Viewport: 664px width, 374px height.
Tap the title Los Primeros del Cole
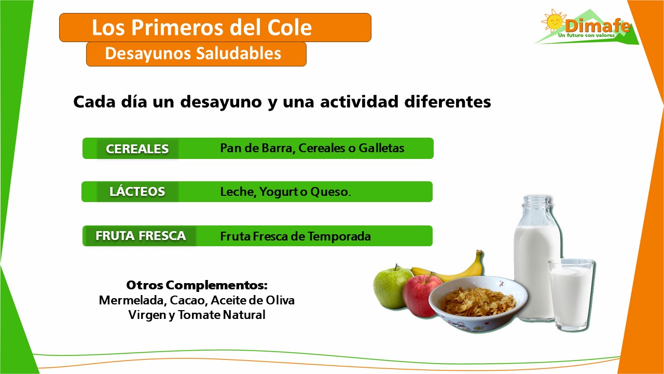[x=202, y=28]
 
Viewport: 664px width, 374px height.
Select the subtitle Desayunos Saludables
[x=193, y=54]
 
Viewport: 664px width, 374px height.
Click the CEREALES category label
[x=137, y=149]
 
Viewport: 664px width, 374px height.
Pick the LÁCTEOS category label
[x=137, y=192]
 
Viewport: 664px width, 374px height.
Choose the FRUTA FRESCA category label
[x=140, y=236]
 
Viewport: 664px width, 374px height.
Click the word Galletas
[x=381, y=148]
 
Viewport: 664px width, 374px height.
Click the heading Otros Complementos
[x=197, y=285]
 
